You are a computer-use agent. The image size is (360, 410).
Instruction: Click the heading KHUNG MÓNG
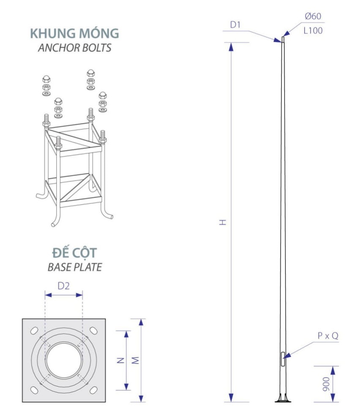74,33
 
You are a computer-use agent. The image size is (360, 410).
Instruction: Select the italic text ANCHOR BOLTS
75,48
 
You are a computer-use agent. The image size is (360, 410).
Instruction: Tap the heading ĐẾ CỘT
74,253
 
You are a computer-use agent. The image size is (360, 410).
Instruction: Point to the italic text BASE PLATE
75,267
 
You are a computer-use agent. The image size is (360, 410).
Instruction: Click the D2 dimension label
63,286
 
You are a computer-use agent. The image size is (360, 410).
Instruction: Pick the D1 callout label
235,25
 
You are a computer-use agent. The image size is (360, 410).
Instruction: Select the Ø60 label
313,16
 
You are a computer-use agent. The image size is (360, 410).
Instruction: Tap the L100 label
313,30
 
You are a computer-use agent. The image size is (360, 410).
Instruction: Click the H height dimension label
223,222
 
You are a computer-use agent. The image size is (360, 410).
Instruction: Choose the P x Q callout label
328,336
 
